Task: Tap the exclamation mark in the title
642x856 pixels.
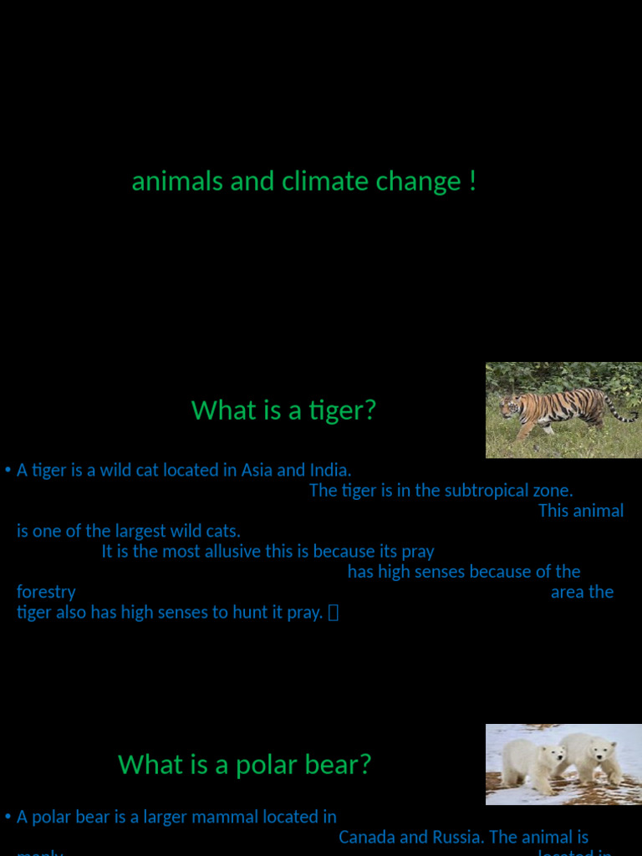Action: click(x=473, y=181)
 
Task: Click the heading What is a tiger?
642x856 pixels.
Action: click(x=283, y=410)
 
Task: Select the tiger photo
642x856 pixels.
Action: click(x=563, y=410)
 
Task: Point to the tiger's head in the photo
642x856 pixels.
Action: click(x=509, y=407)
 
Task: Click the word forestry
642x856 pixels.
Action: click(x=46, y=592)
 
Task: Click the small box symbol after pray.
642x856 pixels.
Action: click(x=334, y=614)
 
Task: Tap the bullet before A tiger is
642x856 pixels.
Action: click(x=8, y=471)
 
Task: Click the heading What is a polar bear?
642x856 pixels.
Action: click(x=244, y=765)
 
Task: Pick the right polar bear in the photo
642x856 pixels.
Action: click(x=592, y=758)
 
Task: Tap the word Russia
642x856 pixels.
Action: click(x=457, y=837)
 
